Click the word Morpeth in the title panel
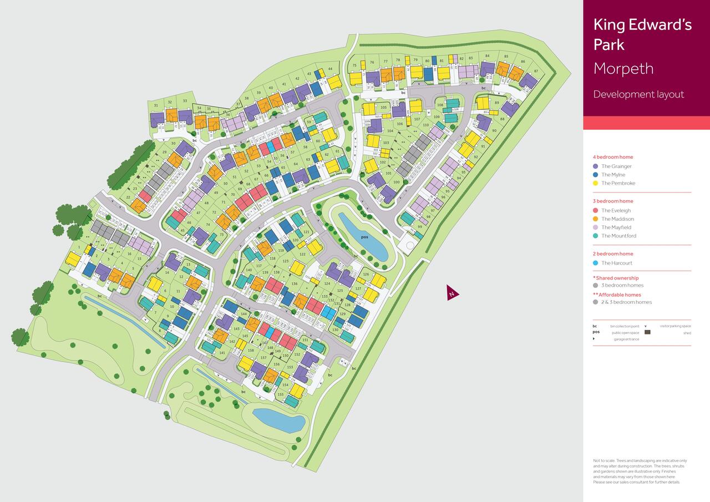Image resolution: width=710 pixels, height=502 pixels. tap(623, 69)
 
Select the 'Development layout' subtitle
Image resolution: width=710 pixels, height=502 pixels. tap(638, 94)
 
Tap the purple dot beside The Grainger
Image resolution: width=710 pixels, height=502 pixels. tap(596, 166)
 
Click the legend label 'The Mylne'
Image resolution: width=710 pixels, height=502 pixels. tap(613, 175)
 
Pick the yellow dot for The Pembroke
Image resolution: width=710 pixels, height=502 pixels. tap(596, 183)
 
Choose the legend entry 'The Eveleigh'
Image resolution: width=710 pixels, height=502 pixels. tap(616, 211)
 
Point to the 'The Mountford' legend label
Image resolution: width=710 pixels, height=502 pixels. tap(618, 236)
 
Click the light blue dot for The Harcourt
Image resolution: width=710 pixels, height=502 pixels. tap(596, 263)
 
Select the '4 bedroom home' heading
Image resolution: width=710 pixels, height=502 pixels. tap(612, 157)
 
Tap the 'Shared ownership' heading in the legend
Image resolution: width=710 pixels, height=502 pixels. tap(617, 278)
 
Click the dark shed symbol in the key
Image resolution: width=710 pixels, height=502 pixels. tap(647, 333)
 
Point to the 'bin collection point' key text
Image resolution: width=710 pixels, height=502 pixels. tap(625, 327)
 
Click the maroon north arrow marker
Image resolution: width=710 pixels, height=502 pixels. tap(453, 293)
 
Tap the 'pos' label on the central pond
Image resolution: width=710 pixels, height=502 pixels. tap(364, 237)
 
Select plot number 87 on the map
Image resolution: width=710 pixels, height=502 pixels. tap(536, 71)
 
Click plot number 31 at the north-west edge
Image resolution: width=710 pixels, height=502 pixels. tap(156, 105)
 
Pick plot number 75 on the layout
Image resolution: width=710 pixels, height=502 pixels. tap(354, 65)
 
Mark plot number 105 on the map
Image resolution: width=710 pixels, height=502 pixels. tap(383, 107)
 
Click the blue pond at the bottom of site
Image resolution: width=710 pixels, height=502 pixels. tap(279, 420)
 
